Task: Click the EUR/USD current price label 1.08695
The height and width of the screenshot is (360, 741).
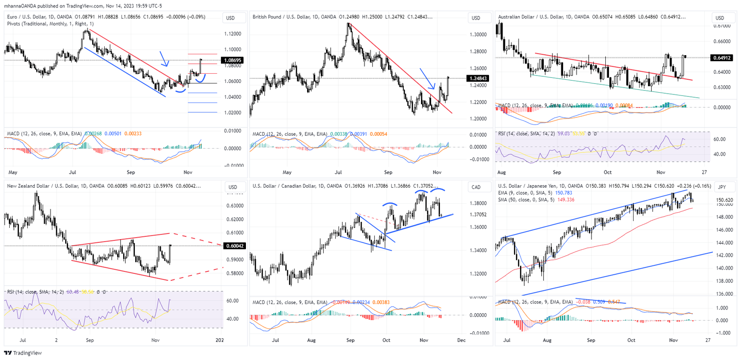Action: [233, 60]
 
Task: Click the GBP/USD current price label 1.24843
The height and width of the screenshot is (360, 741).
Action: [478, 78]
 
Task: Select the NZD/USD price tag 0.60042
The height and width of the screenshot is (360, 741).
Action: [234, 246]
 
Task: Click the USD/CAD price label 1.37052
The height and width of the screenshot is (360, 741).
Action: [478, 215]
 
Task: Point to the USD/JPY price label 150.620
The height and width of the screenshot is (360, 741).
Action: [724, 200]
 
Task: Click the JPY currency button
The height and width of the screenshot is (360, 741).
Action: [722, 187]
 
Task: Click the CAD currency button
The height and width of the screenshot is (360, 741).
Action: [476, 187]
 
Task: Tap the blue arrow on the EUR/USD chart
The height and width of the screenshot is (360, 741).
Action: [164, 59]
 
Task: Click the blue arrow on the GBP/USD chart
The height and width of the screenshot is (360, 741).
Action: [428, 79]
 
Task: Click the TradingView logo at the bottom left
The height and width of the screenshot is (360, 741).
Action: [23, 353]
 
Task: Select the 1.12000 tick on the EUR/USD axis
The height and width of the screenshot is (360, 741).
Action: [232, 34]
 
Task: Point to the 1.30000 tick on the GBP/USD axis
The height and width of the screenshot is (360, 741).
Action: [478, 35]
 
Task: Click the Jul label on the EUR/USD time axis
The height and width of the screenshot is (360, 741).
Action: [73, 172]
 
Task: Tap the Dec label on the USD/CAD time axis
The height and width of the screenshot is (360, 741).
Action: [461, 340]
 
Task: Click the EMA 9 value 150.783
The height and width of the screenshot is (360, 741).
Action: [563, 193]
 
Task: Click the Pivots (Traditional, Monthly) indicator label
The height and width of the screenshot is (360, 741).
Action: [50, 24]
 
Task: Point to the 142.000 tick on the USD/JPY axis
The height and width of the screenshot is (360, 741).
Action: [724, 255]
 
